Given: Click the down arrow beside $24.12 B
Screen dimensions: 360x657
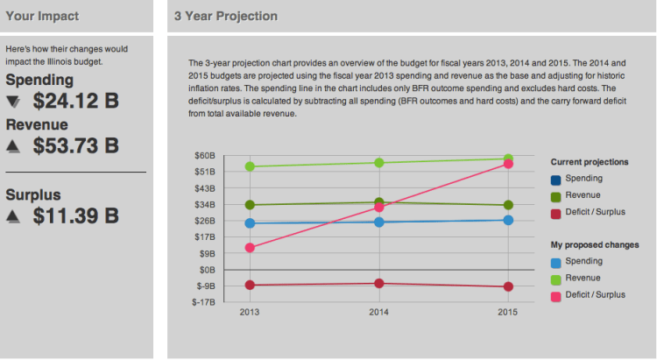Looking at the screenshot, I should coord(12,102).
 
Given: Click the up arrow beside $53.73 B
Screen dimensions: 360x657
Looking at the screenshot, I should coord(12,146).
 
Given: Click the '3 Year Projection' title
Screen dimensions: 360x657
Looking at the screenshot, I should coord(225,16).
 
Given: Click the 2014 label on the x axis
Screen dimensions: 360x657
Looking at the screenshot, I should coord(378,312).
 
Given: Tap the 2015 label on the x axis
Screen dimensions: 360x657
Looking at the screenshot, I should coord(507,312).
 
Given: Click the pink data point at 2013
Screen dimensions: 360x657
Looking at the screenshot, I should coord(250,248).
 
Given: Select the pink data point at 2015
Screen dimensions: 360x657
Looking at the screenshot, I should coord(507,165).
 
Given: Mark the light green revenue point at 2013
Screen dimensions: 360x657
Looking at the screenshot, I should coord(250,166).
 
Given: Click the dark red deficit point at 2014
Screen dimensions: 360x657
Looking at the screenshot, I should coord(378,283).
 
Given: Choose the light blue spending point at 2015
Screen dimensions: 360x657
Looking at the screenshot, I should coord(507,220).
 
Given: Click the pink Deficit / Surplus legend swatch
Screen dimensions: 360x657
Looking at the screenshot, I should coord(556,295).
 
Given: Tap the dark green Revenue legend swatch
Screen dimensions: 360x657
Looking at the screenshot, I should coord(556,195).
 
